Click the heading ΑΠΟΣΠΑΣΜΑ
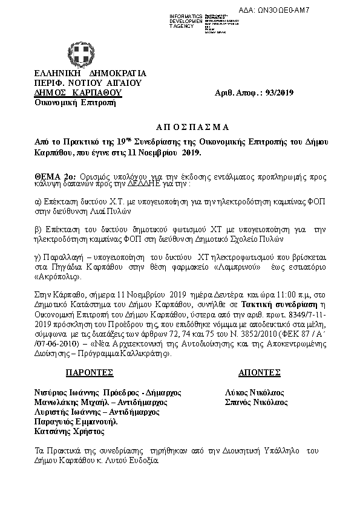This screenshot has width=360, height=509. point(180,127)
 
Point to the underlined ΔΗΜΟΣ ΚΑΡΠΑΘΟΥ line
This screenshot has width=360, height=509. point(78,92)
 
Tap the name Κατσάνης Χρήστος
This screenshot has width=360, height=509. point(70,432)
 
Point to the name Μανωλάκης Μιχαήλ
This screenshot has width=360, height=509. point(70,401)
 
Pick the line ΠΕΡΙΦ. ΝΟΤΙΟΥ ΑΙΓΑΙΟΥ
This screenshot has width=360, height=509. point(88,83)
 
